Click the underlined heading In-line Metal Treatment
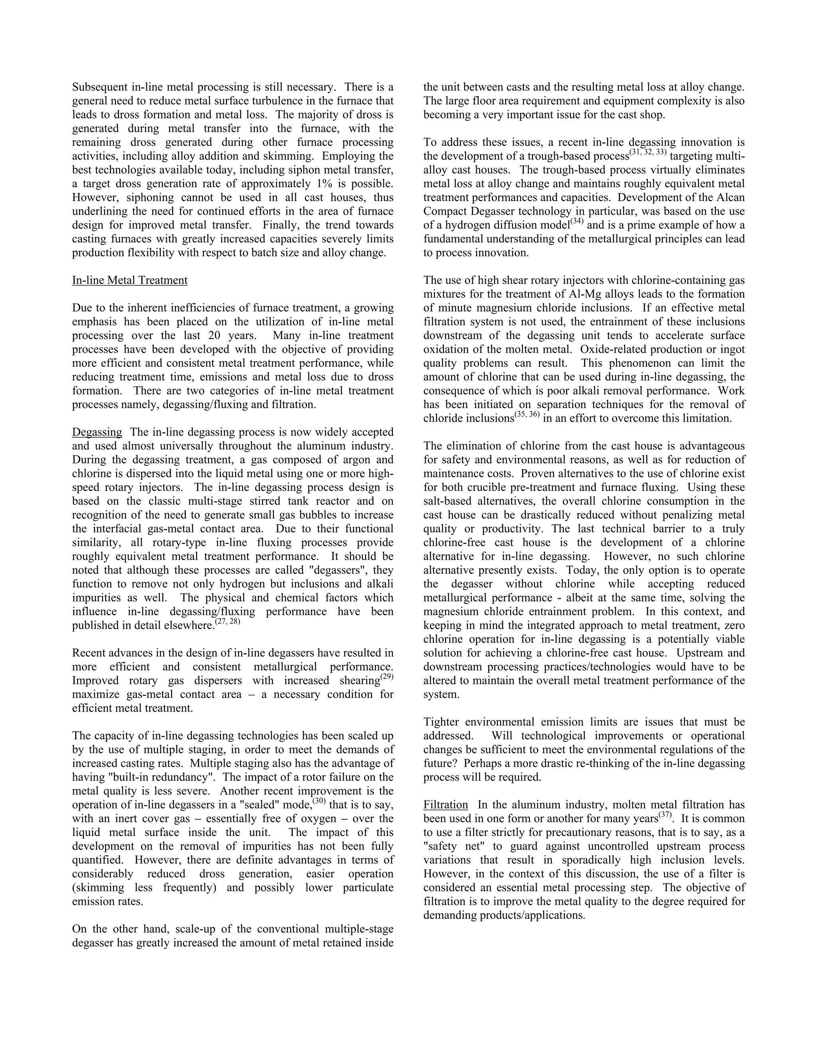[130, 280]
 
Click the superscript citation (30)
[318, 801]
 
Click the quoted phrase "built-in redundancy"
[152, 777]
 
